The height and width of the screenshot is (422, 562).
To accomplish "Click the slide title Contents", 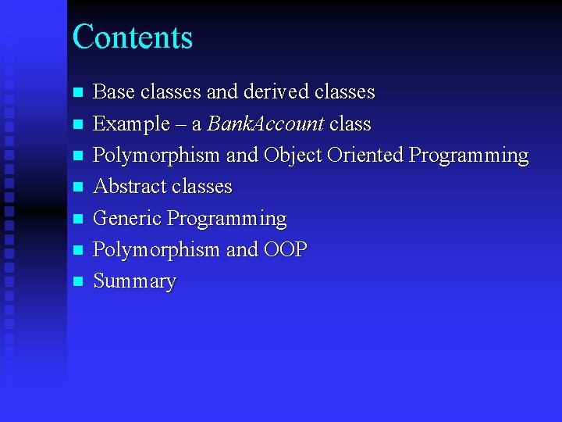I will point(132,37).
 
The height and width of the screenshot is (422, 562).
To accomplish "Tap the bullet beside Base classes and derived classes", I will point(77,92).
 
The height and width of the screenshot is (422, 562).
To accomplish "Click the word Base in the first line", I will point(114,92).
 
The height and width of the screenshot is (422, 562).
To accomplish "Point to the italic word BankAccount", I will point(265,123).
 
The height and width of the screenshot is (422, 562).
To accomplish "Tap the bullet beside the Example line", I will point(77,124).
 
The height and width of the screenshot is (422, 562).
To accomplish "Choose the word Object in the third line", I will point(293,155).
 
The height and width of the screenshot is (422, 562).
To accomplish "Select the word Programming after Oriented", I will point(468,156).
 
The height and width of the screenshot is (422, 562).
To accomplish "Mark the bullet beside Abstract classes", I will point(77,187).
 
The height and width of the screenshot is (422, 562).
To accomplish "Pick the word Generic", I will point(127,218).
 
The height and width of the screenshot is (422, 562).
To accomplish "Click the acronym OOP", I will point(286,249).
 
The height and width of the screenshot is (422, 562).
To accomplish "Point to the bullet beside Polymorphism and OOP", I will point(77,250).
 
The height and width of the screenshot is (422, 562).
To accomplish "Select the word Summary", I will point(134,281).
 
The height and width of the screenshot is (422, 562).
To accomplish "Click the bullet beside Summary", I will point(77,281).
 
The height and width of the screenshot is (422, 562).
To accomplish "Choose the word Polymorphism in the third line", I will point(156,156).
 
